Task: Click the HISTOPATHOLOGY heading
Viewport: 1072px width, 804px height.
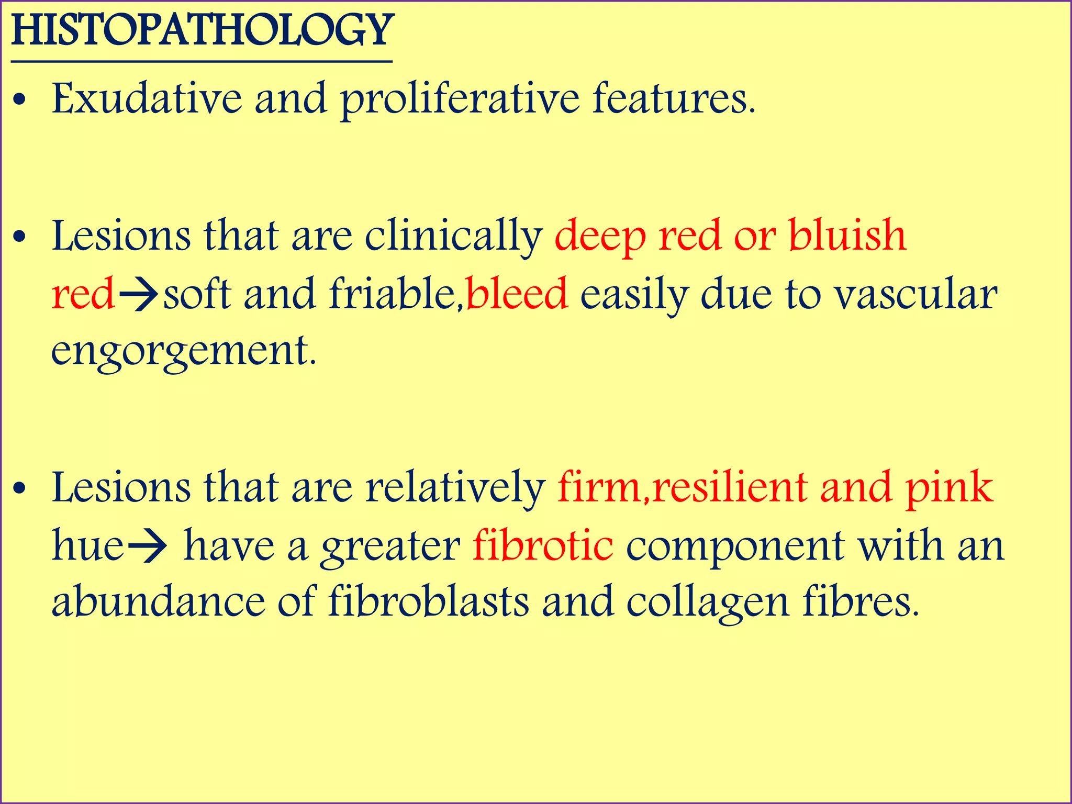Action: (x=202, y=31)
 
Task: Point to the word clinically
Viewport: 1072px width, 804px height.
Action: (x=453, y=237)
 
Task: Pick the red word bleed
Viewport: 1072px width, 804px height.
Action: (x=517, y=294)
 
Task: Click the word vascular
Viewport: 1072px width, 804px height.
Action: (x=915, y=295)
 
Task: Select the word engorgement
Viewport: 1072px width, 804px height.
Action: (x=183, y=352)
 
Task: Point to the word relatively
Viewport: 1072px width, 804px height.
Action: (x=455, y=488)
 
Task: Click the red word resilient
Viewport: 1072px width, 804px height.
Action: (x=730, y=488)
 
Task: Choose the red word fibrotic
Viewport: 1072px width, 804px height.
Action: (x=543, y=546)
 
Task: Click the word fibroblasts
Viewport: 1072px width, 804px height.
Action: (x=429, y=602)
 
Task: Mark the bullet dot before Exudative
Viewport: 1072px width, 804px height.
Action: (x=20, y=102)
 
